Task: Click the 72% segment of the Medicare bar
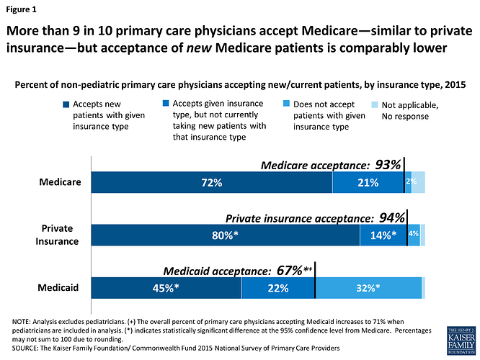(x=211, y=183)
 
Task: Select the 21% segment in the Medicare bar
(x=368, y=183)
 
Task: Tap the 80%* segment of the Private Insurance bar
(x=225, y=235)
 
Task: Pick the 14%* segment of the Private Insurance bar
(x=383, y=235)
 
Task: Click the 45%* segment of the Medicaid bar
(x=166, y=288)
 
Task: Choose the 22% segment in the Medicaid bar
(x=277, y=288)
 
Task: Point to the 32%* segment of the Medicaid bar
(x=368, y=288)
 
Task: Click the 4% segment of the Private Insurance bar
(x=414, y=235)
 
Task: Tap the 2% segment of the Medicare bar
(x=409, y=183)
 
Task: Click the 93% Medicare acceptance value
(x=387, y=165)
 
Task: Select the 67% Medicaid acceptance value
(x=290, y=271)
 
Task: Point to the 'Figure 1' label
(x=25, y=11)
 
